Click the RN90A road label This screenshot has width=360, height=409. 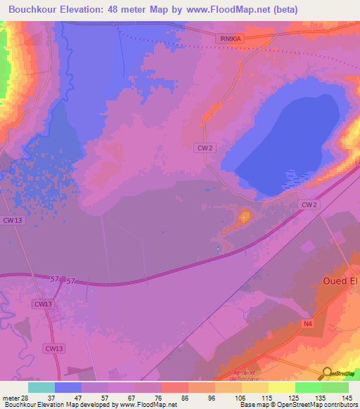(229, 40)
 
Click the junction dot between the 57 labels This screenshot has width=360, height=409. (63, 280)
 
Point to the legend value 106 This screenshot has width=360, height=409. (242, 397)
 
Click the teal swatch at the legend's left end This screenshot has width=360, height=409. (41, 387)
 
